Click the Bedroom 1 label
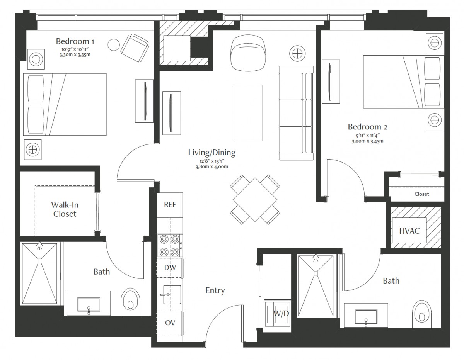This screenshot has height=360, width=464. click(75, 41)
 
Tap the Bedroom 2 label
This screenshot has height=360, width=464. click(367, 127)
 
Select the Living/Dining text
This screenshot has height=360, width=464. click(212, 153)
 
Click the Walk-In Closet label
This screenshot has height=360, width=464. click(65, 209)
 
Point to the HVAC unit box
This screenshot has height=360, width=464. click(409, 231)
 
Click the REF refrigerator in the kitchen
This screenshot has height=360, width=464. click(170, 205)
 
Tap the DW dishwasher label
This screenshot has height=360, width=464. click(170, 267)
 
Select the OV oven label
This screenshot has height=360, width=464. click(170, 323)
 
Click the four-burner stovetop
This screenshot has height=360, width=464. click(170, 246)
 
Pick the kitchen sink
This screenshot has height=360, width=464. click(172, 294)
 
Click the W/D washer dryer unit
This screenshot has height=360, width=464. click(277, 314)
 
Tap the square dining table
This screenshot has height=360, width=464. click(255, 200)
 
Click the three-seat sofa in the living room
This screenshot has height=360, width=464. click(296, 113)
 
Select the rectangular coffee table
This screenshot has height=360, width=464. click(248, 113)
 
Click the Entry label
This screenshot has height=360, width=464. click(215, 291)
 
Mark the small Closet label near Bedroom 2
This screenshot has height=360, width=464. click(421, 194)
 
